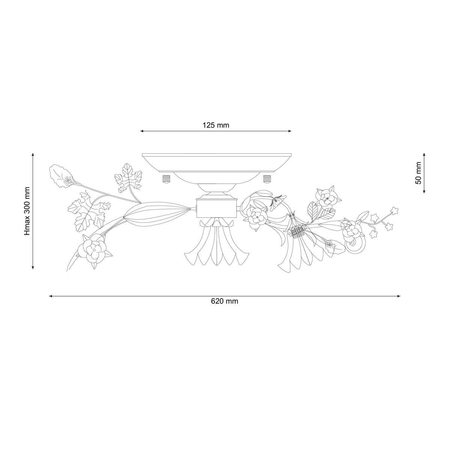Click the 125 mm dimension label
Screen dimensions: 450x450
[x=216, y=125]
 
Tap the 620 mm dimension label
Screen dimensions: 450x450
[x=225, y=301]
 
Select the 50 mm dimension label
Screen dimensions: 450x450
[x=418, y=173]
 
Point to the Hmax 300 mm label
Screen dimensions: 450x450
[x=27, y=211]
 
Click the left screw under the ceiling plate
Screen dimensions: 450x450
[x=166, y=179]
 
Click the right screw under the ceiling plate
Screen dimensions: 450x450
[x=267, y=179]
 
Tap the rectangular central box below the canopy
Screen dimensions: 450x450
[x=216, y=208]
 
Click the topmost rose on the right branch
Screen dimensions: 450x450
[x=327, y=198]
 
